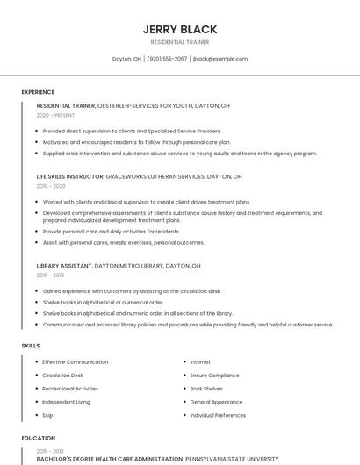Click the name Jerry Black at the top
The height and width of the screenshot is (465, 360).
180,29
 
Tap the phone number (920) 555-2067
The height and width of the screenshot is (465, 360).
167,59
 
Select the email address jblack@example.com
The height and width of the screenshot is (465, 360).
220,59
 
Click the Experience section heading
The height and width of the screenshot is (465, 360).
38,92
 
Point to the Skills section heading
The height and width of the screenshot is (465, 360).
31,346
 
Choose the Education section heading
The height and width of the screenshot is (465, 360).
39,438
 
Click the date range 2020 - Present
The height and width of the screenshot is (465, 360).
55,115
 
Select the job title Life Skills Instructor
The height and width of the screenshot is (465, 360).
70,176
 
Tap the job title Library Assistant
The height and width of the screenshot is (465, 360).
64,265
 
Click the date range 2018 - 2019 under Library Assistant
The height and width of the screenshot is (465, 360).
51,275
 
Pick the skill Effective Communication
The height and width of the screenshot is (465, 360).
76,362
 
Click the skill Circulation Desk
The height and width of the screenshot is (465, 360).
63,376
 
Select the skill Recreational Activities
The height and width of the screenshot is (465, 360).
70,389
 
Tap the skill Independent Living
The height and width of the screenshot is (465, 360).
66,402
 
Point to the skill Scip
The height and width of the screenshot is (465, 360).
48,415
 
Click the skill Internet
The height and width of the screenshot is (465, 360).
200,362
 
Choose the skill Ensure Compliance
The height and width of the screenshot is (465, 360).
214,376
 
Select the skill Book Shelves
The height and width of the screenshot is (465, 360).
206,389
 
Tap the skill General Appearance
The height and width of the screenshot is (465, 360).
216,402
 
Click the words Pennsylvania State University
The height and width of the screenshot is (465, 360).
231,459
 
